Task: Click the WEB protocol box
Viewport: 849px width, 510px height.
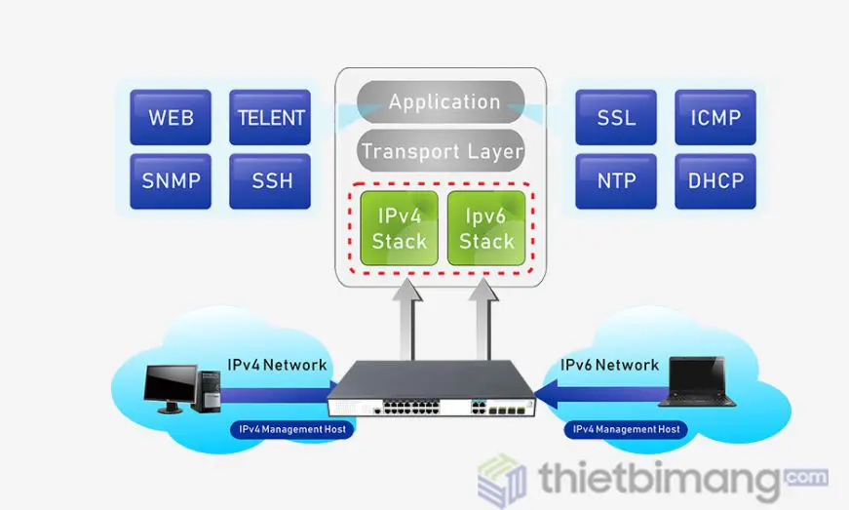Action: (x=171, y=118)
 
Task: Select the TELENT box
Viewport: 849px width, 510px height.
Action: (x=270, y=118)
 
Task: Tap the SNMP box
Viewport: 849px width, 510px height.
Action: (x=171, y=181)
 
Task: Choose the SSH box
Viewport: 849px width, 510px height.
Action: (x=270, y=181)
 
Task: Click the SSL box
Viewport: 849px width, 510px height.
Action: (x=616, y=118)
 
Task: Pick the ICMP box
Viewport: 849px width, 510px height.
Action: (x=715, y=118)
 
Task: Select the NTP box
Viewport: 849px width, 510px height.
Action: (x=616, y=181)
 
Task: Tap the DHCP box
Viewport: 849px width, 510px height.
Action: (x=715, y=181)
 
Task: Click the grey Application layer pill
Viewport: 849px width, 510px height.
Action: (x=444, y=101)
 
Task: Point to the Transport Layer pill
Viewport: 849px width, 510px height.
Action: (x=442, y=151)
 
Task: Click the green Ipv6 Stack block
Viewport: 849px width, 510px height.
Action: (x=486, y=227)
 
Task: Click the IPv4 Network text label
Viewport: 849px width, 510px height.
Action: (x=278, y=365)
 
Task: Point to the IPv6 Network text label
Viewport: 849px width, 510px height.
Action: (x=609, y=365)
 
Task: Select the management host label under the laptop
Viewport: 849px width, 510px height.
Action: (x=626, y=429)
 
